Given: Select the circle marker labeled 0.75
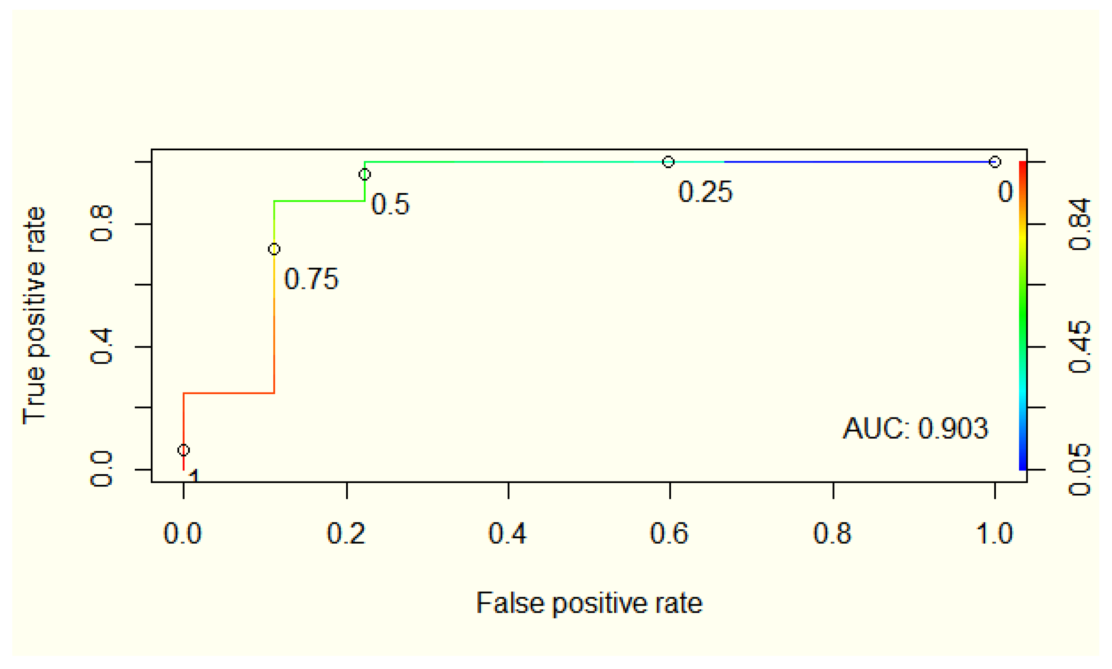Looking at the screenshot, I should [x=274, y=249].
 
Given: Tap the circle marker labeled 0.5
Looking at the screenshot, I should [x=364, y=174].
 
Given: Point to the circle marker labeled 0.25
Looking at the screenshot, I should [x=668, y=161].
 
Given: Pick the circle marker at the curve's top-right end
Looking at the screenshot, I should [x=995, y=161].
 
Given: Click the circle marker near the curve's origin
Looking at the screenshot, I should [x=183, y=450].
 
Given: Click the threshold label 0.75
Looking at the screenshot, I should [x=311, y=279].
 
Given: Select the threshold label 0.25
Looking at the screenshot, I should [x=705, y=191].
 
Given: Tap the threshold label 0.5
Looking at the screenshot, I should [x=390, y=204].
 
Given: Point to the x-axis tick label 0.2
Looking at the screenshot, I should [x=346, y=534].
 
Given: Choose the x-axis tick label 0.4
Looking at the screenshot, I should [x=508, y=534].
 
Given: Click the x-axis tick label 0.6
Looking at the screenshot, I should [x=669, y=534].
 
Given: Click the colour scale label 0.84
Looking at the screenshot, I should [x=1079, y=224].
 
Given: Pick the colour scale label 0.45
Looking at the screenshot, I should [x=1079, y=347].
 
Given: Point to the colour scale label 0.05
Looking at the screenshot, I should [x=1079, y=470].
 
